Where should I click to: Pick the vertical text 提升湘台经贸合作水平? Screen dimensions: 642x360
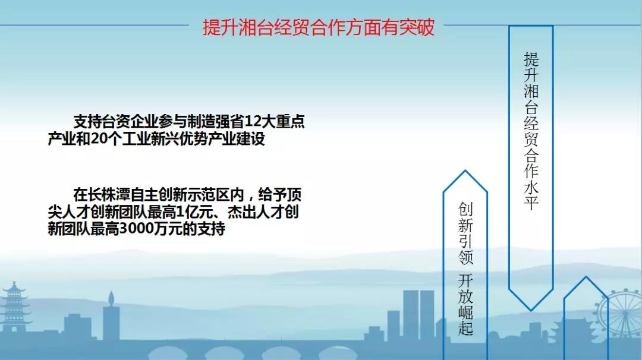(x=531, y=131)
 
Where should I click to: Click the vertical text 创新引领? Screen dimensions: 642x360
(x=465, y=233)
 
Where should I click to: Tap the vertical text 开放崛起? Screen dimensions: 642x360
(x=465, y=304)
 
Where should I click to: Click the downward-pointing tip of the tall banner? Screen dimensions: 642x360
(x=531, y=310)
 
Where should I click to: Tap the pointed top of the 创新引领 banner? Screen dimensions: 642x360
(x=465, y=170)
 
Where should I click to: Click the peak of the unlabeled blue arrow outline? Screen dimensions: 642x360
(x=586, y=277)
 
